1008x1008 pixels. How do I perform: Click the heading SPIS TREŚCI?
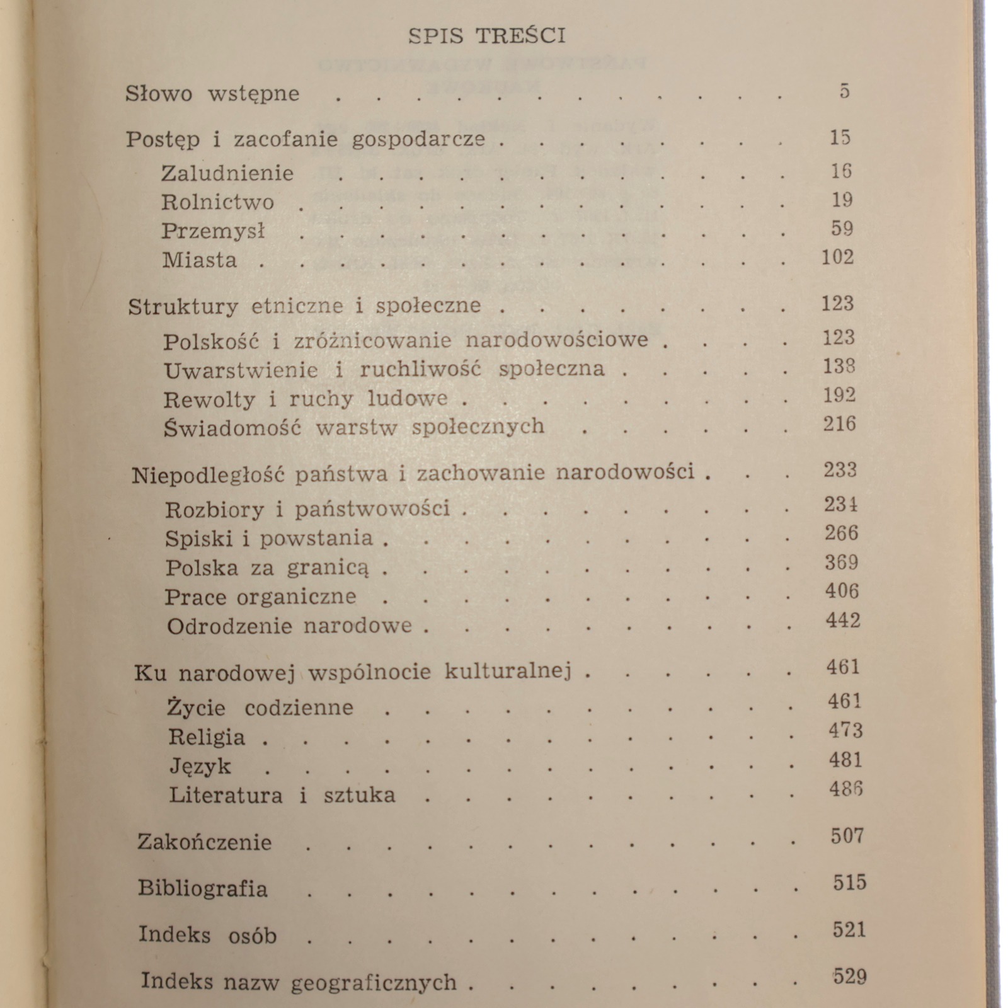coord(486,35)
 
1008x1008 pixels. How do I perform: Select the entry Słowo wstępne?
coord(212,94)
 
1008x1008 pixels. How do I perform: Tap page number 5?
coord(844,91)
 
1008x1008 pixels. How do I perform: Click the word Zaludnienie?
coord(227,173)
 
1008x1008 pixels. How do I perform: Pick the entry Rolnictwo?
coord(217,202)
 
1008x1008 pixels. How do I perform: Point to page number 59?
coord(842,228)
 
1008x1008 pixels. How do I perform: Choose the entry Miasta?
coord(199,260)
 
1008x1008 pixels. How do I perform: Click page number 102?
coord(837,258)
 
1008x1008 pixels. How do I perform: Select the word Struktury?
coord(183,307)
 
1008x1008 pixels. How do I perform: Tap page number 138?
coord(839,366)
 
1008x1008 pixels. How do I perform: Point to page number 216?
coord(839,424)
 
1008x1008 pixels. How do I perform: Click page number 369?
coord(841,562)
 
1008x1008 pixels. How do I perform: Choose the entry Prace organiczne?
coord(260,597)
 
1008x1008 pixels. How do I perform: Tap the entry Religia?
coord(207,737)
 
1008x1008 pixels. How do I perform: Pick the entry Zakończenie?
coord(204,842)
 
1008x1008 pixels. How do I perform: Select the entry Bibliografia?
coord(203,889)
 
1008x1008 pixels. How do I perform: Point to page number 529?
coord(849,977)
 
